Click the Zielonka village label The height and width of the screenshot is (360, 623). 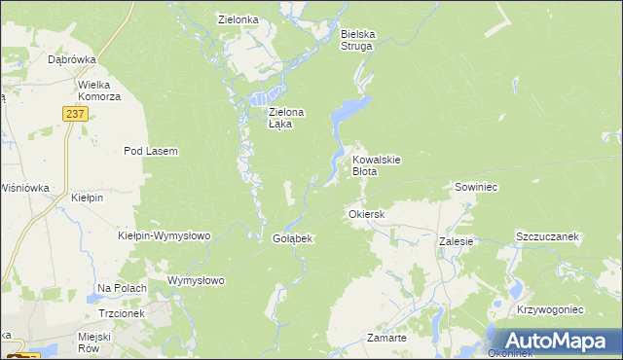238,18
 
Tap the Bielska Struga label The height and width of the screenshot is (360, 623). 357,38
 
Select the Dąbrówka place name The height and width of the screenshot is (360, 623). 71,59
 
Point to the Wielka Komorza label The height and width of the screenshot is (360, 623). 99,90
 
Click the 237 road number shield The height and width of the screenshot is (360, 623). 77,114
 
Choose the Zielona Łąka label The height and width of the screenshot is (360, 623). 286,118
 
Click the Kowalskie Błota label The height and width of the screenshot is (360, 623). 377,164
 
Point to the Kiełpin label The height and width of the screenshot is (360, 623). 88,198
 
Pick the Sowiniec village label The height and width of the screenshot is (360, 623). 476,186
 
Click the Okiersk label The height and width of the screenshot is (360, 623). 367,213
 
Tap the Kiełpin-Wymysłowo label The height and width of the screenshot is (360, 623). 164,235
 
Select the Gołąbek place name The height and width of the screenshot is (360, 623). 291,239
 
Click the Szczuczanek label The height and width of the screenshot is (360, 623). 547,236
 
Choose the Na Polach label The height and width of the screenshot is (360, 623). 122,289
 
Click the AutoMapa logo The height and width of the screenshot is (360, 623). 556,341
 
